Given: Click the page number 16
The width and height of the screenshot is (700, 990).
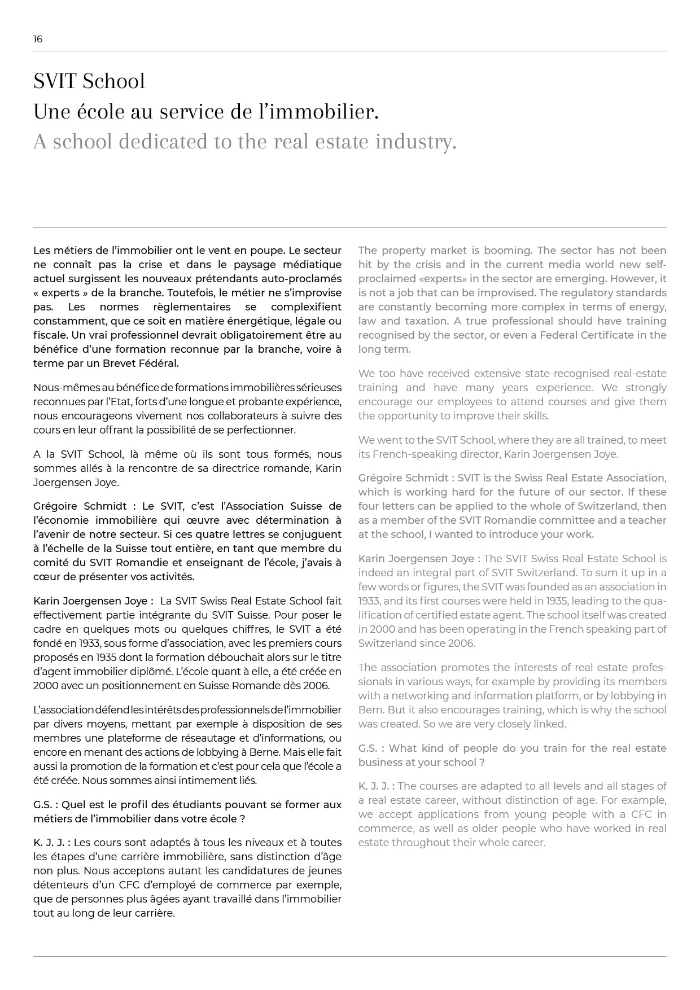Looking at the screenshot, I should coord(38,39).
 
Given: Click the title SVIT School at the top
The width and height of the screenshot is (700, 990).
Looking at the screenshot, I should coord(89,81).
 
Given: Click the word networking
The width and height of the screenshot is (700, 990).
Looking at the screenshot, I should coord(414,696).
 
